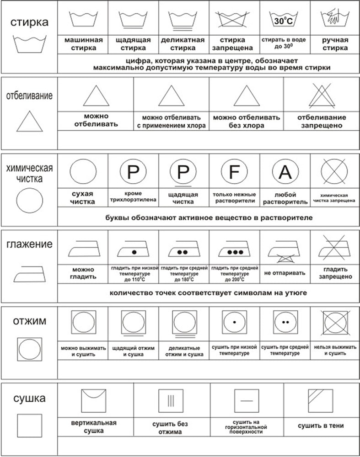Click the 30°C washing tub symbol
tap(285, 20)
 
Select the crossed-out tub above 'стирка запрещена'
tap(234, 20)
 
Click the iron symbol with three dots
tap(234, 250)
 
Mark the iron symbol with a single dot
tap(133, 250)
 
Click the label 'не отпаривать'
tap(285, 273)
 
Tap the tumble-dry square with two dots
tap(285, 322)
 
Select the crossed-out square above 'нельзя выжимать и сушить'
tap(335, 322)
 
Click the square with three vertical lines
tap(171, 401)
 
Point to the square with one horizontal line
tap(247, 401)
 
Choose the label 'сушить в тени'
tap(321, 426)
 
